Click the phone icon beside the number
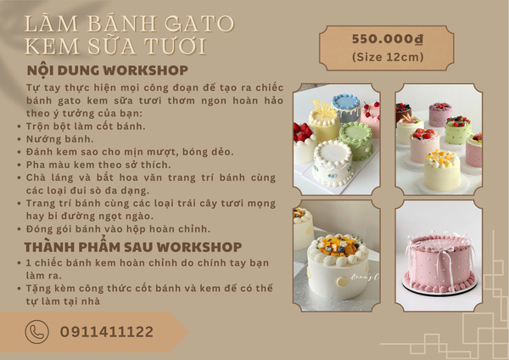(37, 332)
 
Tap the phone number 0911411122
(107, 332)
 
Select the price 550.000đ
(388, 39)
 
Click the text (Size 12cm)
(388, 57)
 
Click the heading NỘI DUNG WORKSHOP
(108, 70)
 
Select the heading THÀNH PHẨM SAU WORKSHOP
(133, 246)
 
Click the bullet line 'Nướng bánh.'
(59, 139)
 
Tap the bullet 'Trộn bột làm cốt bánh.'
(86, 126)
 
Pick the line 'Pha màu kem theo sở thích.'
(98, 165)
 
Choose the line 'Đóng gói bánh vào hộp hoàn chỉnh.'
(118, 229)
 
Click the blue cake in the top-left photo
(346, 107)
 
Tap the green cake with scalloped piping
(356, 141)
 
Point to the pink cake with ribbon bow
(439, 264)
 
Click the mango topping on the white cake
(338, 245)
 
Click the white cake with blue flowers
(333, 163)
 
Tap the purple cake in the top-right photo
(440, 114)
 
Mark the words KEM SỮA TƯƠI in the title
(115, 46)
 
